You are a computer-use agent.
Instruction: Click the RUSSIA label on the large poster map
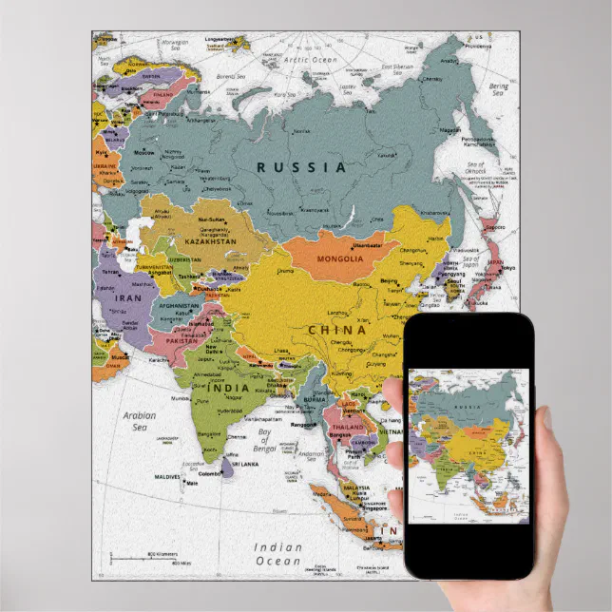(x=301, y=166)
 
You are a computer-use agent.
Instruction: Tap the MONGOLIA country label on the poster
(x=339, y=258)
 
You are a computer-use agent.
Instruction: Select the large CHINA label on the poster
(x=336, y=330)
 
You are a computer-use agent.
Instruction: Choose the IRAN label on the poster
(x=127, y=297)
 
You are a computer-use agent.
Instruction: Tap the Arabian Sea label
(x=139, y=420)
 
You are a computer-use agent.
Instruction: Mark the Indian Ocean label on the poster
(x=277, y=554)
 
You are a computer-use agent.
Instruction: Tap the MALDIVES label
(x=170, y=476)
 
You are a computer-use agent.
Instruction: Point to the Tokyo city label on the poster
(x=507, y=268)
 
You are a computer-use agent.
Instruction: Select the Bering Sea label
(x=498, y=91)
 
